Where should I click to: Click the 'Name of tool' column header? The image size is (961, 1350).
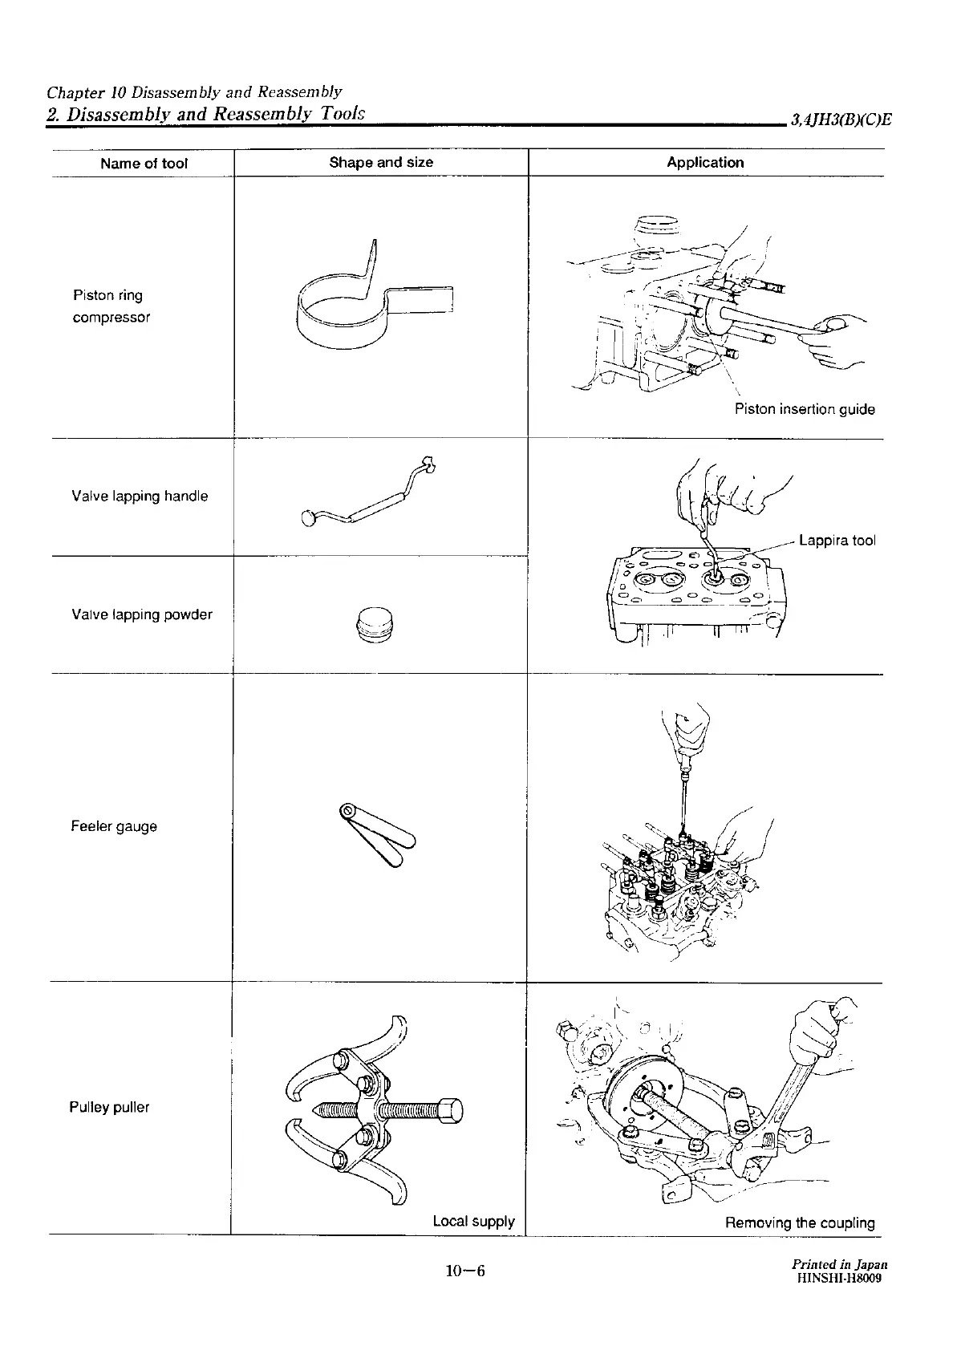pos(144,164)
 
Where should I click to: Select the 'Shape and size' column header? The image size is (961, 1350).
pos(381,162)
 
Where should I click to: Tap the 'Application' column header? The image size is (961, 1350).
pos(705,162)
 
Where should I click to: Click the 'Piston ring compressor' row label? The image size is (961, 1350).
pos(111,306)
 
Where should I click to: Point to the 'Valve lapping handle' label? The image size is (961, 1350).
pos(140,497)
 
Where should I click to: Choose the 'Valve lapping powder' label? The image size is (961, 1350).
pos(142,615)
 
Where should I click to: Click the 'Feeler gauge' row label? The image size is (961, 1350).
pos(114,827)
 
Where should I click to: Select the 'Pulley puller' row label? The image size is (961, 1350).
pos(109,1108)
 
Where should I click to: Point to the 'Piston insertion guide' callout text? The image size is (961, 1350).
pos(805,410)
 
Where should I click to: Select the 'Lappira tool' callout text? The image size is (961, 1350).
pos(837,541)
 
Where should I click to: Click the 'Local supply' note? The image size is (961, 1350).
pos(473,1222)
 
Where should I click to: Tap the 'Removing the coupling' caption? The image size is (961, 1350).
pos(800,1223)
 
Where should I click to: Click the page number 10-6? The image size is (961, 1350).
pos(467,1271)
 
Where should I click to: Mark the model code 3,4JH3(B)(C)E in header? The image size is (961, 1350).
pos(841,120)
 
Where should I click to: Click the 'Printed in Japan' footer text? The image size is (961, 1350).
pos(839,1265)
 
